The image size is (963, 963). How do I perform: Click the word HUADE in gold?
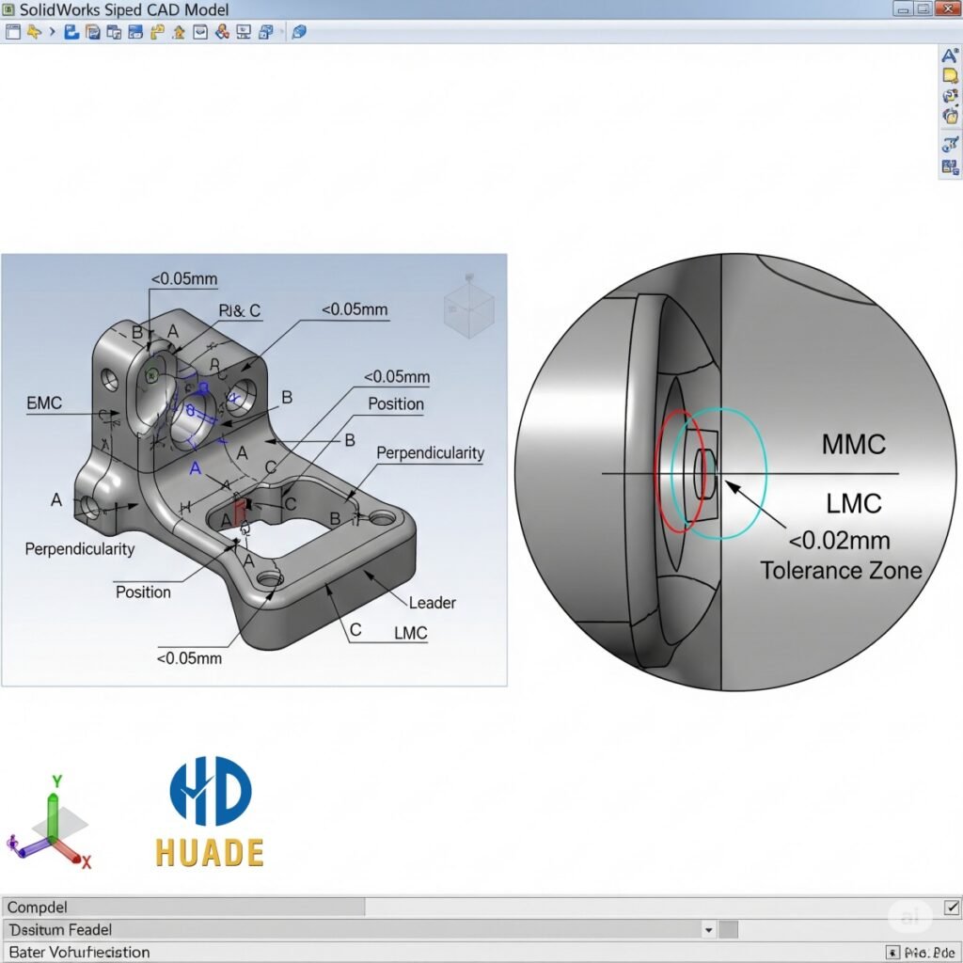pyautogui.click(x=209, y=852)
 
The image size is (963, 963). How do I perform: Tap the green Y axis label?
pyautogui.click(x=56, y=781)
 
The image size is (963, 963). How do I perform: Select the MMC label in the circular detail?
pyautogui.click(x=853, y=444)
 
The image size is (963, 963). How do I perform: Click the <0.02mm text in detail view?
pyautogui.click(x=839, y=541)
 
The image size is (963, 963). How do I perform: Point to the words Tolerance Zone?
pyautogui.click(x=841, y=571)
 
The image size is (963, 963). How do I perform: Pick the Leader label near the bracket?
pyautogui.click(x=433, y=603)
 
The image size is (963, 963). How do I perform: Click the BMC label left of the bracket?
pyautogui.click(x=44, y=403)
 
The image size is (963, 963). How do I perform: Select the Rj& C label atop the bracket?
pyautogui.click(x=240, y=311)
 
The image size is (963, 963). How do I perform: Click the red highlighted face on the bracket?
pyautogui.click(x=239, y=513)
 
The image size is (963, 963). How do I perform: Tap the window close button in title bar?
pyautogui.click(x=947, y=9)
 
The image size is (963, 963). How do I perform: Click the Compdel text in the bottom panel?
pyautogui.click(x=37, y=908)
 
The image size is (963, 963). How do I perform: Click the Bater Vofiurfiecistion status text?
pyautogui.click(x=78, y=952)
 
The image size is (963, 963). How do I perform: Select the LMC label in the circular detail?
pyautogui.click(x=854, y=503)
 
